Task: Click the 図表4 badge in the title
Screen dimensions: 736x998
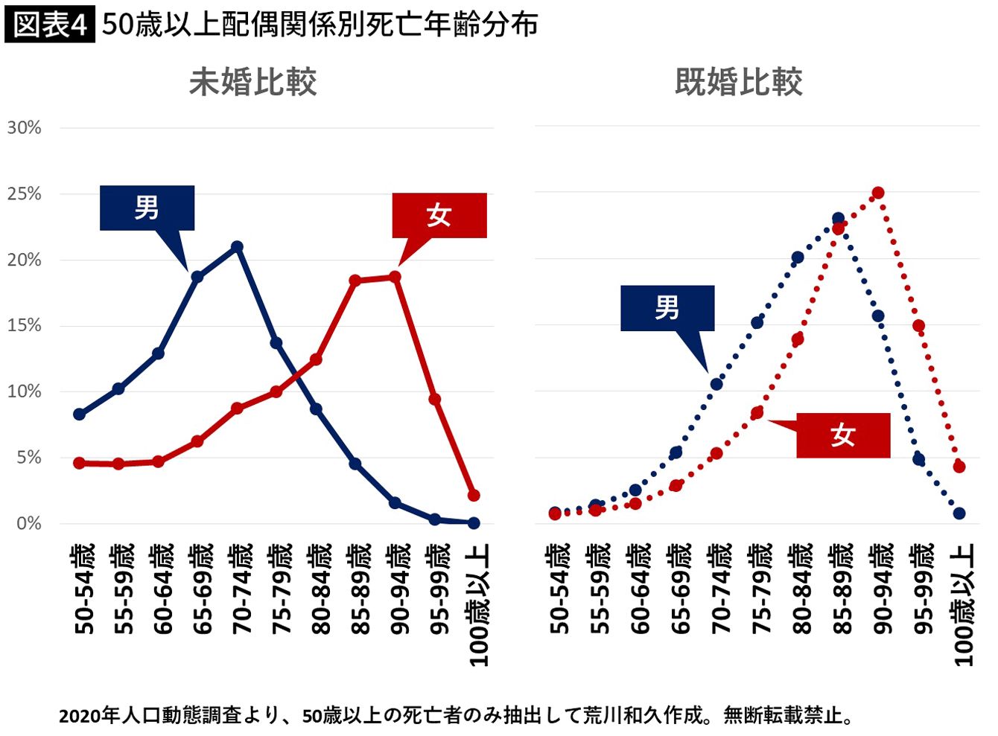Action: [49, 25]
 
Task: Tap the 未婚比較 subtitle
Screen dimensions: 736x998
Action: [252, 82]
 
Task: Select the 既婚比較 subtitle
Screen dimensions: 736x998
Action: [738, 82]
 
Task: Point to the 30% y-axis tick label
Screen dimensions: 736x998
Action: [25, 127]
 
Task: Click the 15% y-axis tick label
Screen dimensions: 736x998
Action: [25, 325]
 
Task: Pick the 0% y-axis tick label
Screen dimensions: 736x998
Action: [29, 523]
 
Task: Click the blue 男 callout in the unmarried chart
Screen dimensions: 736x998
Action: [147, 208]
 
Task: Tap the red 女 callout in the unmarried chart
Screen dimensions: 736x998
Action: [439, 216]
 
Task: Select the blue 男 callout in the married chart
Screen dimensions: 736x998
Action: [667, 307]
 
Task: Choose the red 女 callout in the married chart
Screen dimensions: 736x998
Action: [842, 435]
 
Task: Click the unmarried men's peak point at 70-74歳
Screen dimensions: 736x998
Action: [238, 246]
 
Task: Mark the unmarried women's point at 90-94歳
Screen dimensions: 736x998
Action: [395, 277]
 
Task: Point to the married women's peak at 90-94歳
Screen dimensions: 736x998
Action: [878, 193]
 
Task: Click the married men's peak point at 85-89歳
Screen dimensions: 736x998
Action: [838, 219]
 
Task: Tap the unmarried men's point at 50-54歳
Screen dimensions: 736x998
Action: [79, 415]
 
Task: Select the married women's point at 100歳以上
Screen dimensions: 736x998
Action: [959, 467]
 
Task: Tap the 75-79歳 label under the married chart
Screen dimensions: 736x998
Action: [760, 588]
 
